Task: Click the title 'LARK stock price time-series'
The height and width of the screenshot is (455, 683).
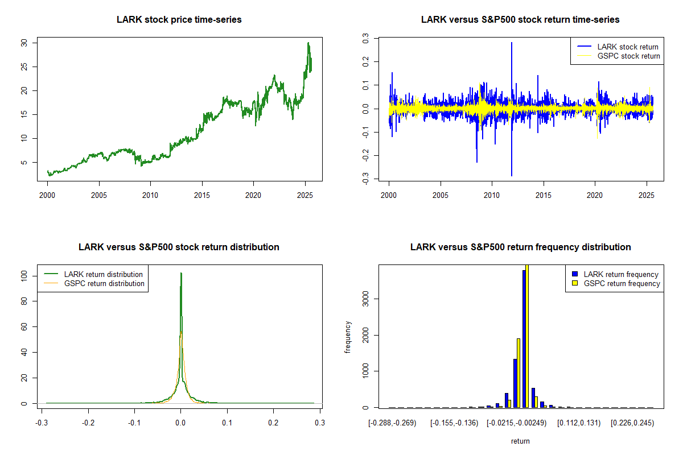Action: [179, 20]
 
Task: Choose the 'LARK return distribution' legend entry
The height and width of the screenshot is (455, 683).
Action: [103, 274]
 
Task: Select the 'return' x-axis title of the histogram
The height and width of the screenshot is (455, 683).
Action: [520, 441]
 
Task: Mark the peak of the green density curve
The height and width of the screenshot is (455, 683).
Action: [181, 273]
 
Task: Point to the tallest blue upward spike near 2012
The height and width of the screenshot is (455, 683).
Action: [511, 43]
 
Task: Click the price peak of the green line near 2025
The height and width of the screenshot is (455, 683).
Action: [308, 43]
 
